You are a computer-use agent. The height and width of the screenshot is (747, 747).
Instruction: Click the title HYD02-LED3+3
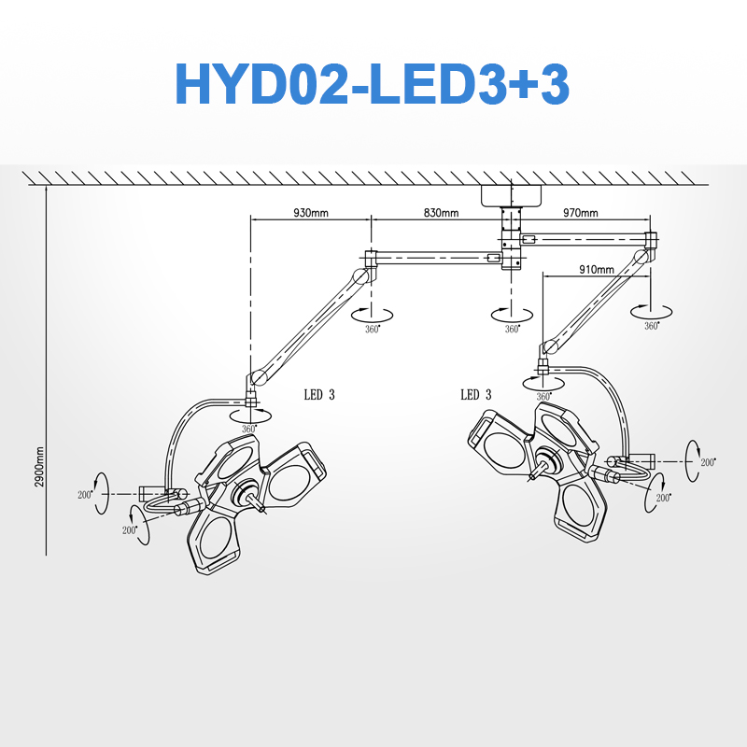[372, 84]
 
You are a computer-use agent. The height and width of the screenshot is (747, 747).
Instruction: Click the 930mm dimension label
[311, 213]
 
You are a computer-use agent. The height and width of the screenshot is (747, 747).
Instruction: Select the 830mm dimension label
[441, 213]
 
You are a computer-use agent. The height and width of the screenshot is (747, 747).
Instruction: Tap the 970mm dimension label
[580, 213]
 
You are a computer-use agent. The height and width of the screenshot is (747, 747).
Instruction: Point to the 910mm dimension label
[597, 270]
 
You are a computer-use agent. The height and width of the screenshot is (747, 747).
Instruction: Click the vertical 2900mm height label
[39, 467]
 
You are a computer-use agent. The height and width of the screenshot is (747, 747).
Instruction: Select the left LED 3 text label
[319, 394]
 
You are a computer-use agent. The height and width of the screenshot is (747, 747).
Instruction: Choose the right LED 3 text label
[476, 394]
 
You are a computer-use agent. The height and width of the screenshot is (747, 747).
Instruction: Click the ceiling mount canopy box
[511, 196]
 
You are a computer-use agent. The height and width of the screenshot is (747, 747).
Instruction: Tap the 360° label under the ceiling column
[512, 329]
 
